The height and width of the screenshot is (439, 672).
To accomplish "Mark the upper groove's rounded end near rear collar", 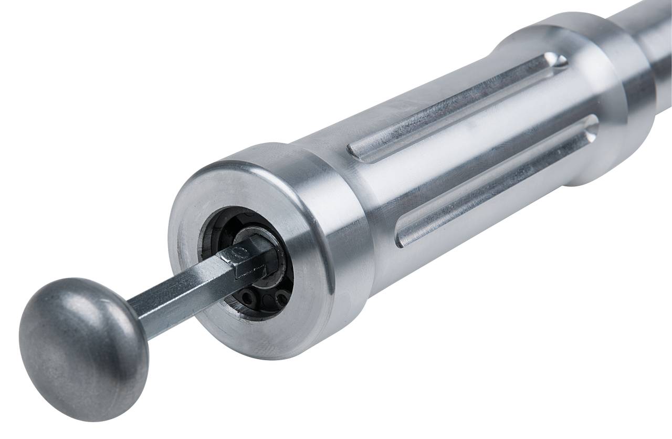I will tap(556, 62).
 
